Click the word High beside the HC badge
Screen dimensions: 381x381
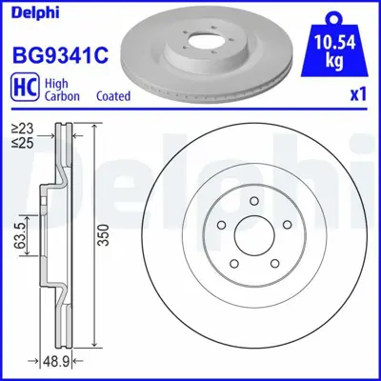[56, 82]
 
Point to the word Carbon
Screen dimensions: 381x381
[63, 95]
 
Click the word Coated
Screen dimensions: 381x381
[114, 95]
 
